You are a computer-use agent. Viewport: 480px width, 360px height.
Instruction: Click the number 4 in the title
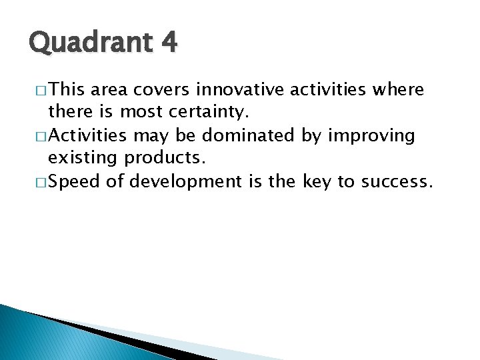click(168, 43)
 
